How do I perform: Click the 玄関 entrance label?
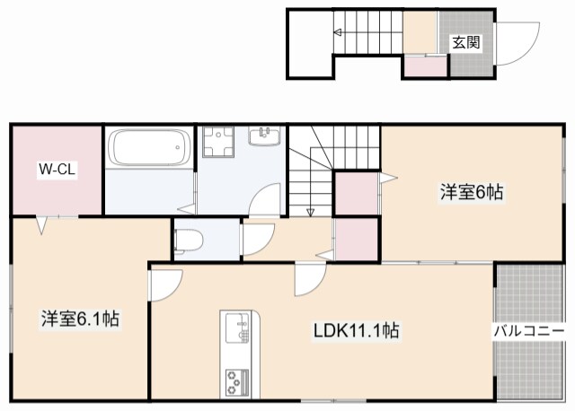click(x=465, y=41)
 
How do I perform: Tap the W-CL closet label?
click(x=56, y=168)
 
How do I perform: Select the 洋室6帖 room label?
click(x=471, y=191)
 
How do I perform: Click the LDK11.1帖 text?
click(x=356, y=331)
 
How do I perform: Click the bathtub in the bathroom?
click(x=149, y=148)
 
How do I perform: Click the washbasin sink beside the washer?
click(x=266, y=136)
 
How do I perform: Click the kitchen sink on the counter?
click(x=239, y=328)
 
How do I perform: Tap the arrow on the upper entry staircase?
click(x=340, y=34)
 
